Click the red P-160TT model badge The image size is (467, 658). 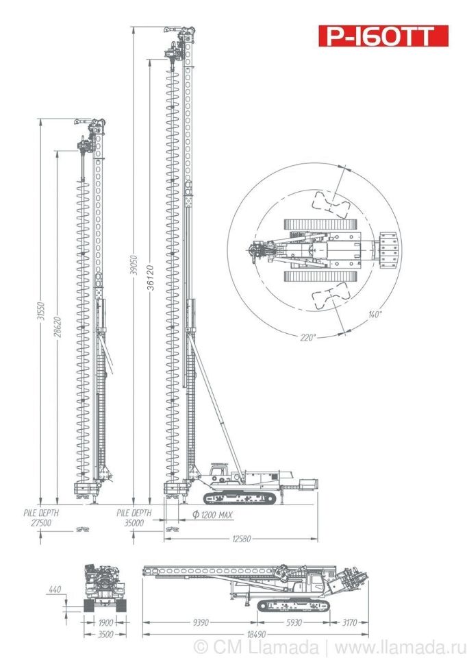(x=383, y=36)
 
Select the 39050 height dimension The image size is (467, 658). (x=134, y=265)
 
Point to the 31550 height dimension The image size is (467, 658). (x=41, y=311)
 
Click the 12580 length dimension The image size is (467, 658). (x=242, y=539)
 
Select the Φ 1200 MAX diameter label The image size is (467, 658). (x=212, y=515)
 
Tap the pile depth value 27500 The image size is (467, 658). (x=41, y=523)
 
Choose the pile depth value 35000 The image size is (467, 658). (x=134, y=523)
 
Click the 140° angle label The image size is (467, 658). (x=375, y=315)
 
